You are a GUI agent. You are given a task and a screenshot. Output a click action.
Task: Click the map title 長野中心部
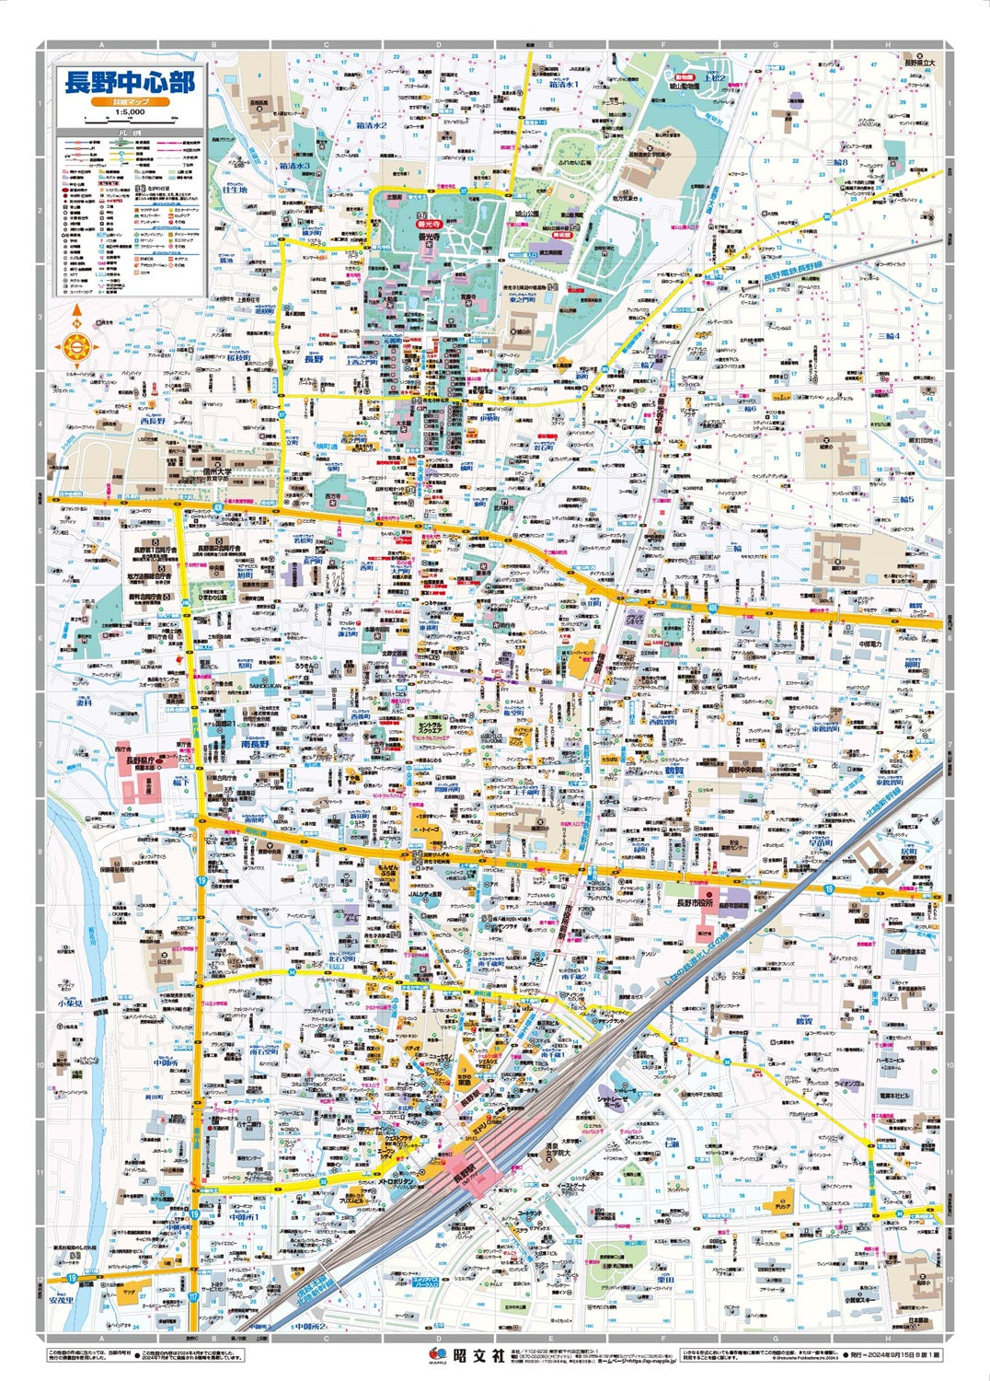(129, 82)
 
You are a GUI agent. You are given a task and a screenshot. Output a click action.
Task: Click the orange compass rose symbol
(76, 347)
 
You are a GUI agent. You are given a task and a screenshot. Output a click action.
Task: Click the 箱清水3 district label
(294, 166)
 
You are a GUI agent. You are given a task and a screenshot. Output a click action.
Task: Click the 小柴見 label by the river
(67, 1003)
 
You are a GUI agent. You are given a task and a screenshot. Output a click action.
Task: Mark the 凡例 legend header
(129, 133)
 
